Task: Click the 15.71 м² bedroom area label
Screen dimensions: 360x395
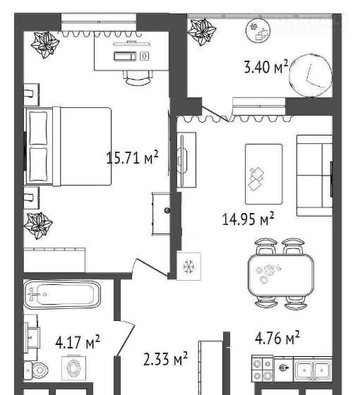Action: click(133, 158)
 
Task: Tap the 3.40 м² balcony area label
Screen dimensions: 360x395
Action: click(266, 67)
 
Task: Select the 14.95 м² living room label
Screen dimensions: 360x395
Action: click(248, 219)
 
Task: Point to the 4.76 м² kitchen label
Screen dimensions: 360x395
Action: click(277, 338)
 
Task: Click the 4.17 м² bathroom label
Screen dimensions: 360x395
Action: click(78, 342)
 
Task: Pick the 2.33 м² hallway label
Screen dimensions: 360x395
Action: click(165, 359)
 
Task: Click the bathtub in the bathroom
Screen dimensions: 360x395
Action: click(62, 295)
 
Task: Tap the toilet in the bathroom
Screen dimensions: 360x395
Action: click(36, 370)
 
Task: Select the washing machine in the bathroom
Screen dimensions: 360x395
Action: click(73, 368)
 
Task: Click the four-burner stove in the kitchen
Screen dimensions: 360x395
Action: click(263, 369)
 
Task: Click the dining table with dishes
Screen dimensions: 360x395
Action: click(281, 274)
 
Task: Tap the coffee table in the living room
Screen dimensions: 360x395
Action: click(264, 174)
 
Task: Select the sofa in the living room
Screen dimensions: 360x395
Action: click(314, 176)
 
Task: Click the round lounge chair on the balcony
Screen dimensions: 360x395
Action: click(311, 76)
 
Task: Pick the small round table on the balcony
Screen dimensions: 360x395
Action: click(258, 30)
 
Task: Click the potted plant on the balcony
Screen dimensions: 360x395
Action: click(202, 32)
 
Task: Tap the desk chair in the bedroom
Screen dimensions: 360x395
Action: click(138, 78)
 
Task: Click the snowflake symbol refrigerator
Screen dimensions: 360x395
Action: click(189, 267)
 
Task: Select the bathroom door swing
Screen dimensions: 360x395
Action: click(125, 338)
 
